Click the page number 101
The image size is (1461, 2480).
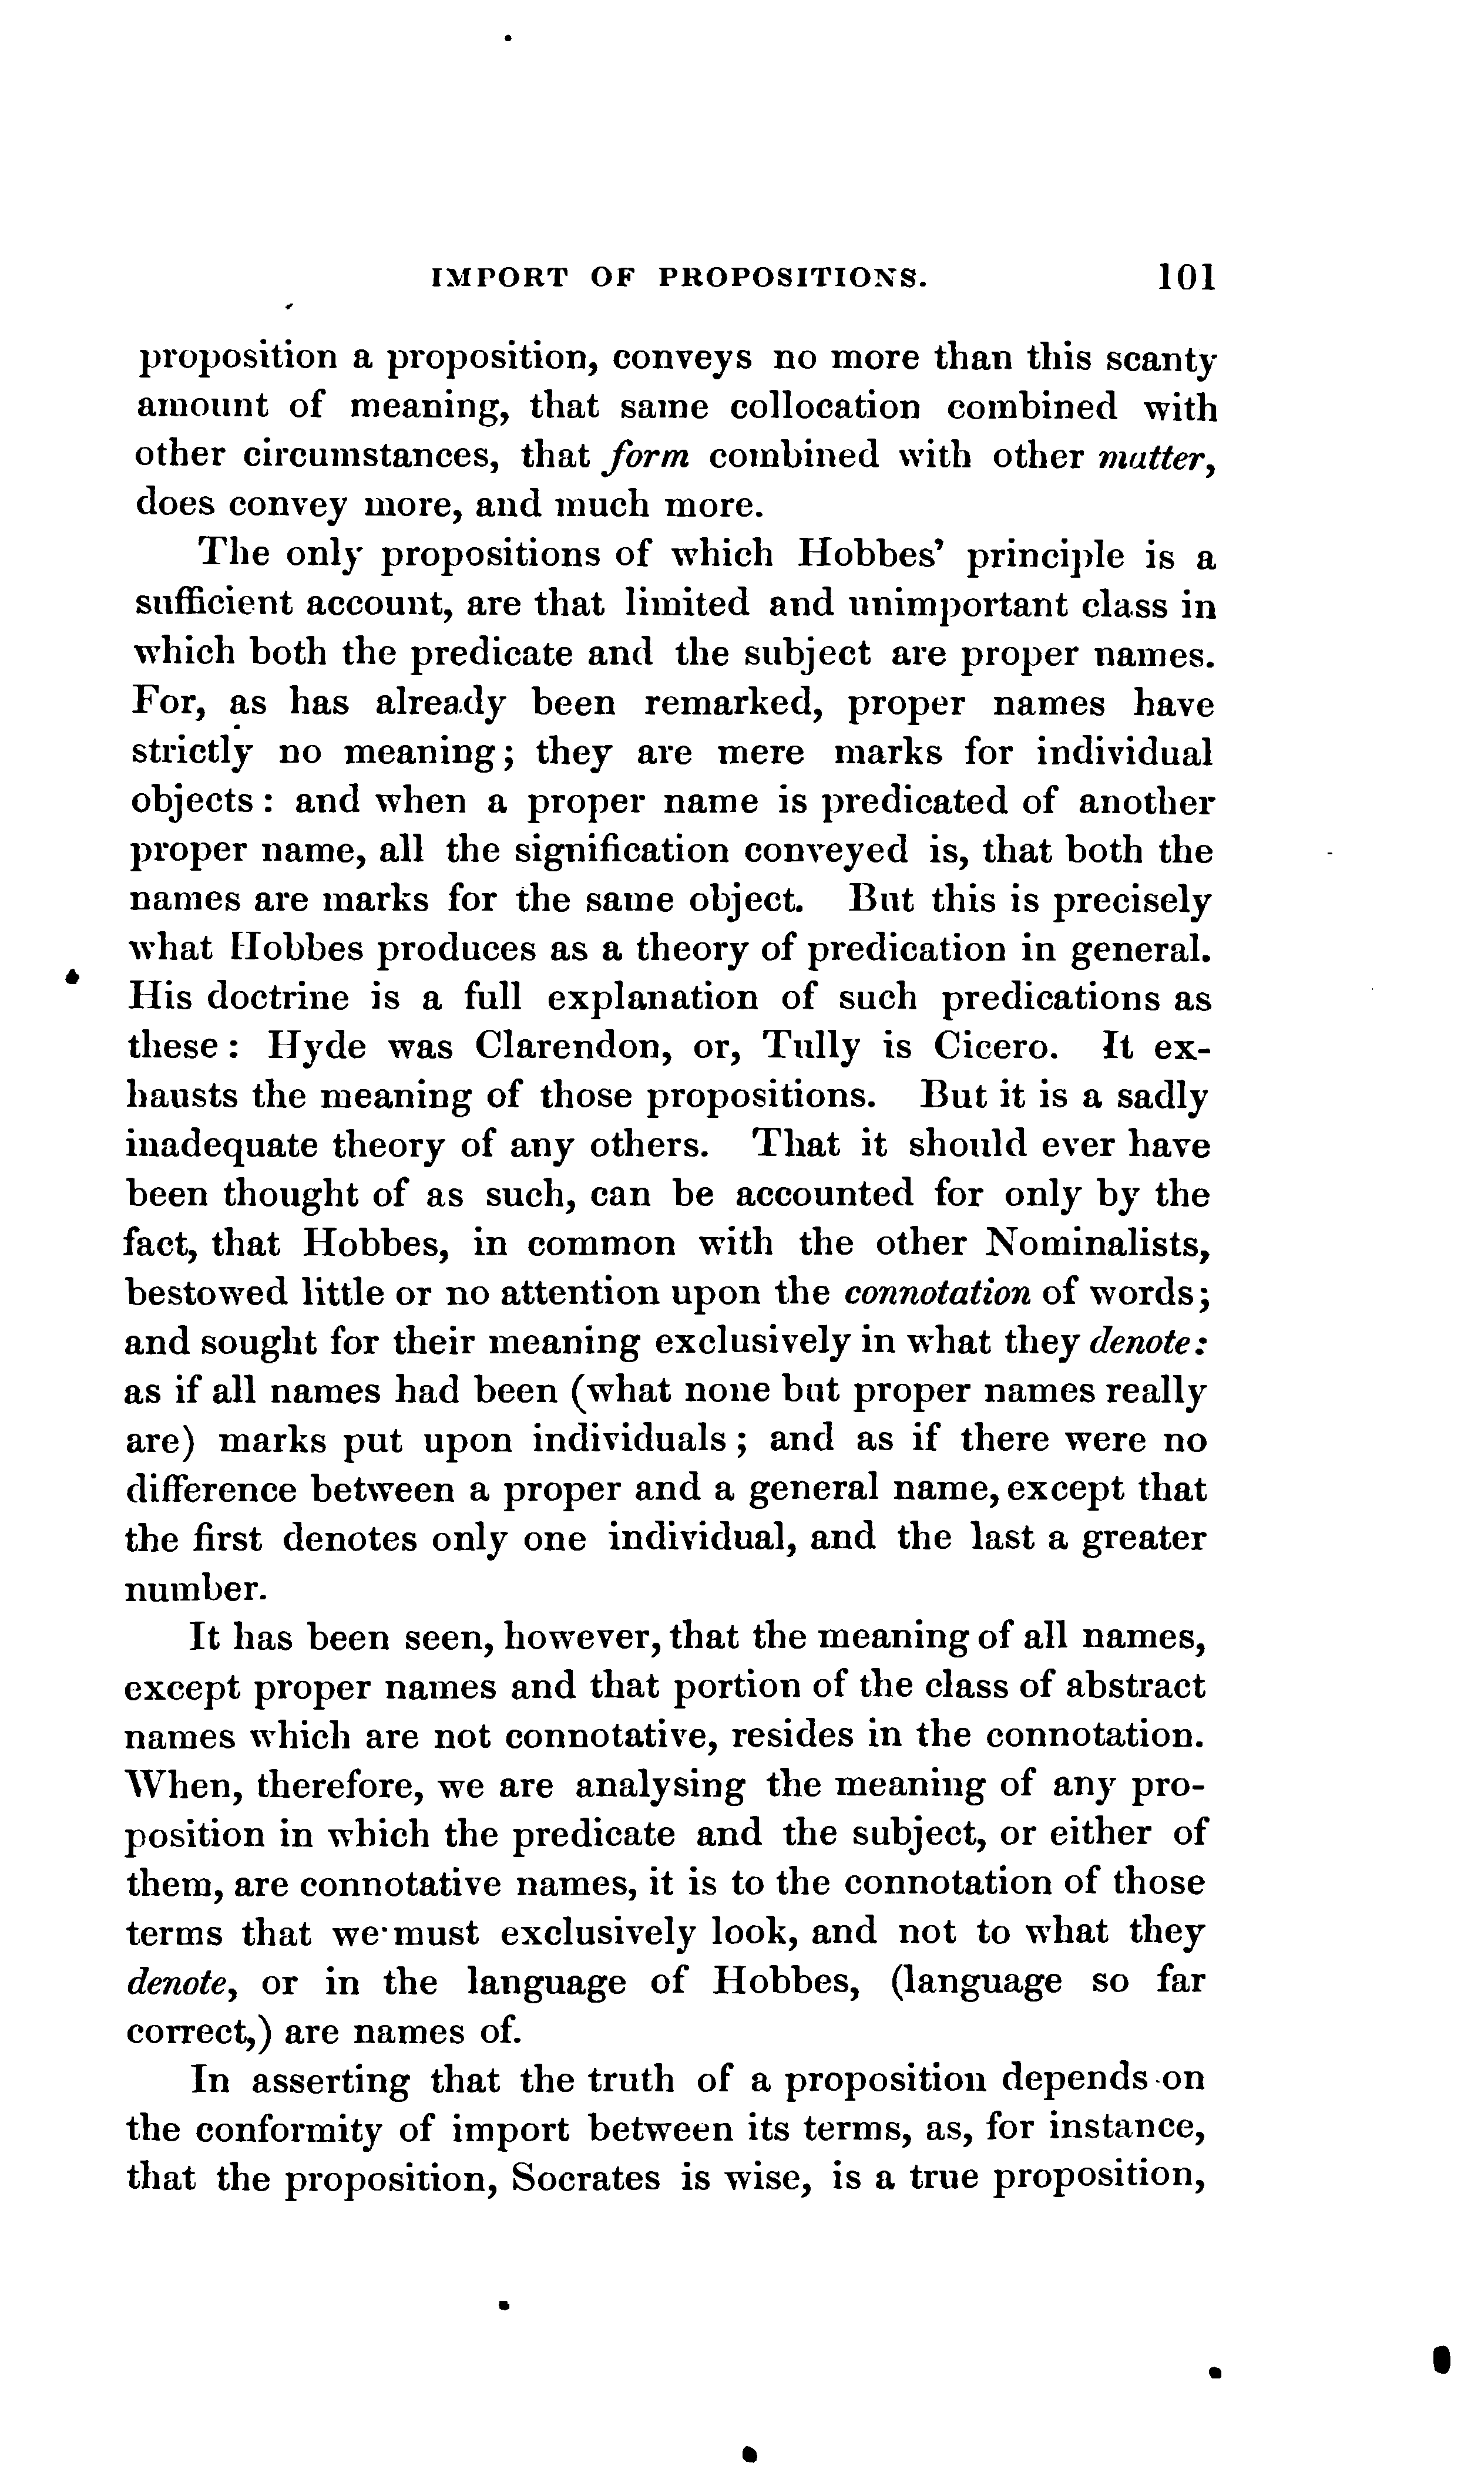tap(1187, 278)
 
